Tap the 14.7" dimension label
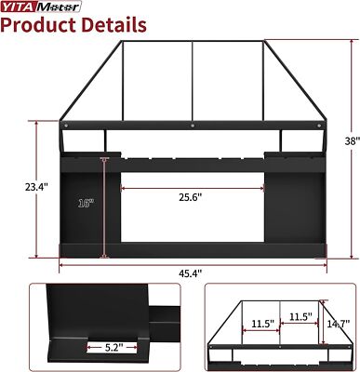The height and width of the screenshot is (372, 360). coord(337,323)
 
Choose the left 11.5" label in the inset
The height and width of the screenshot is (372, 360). coord(261,324)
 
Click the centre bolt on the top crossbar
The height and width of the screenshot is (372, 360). coord(193,124)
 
